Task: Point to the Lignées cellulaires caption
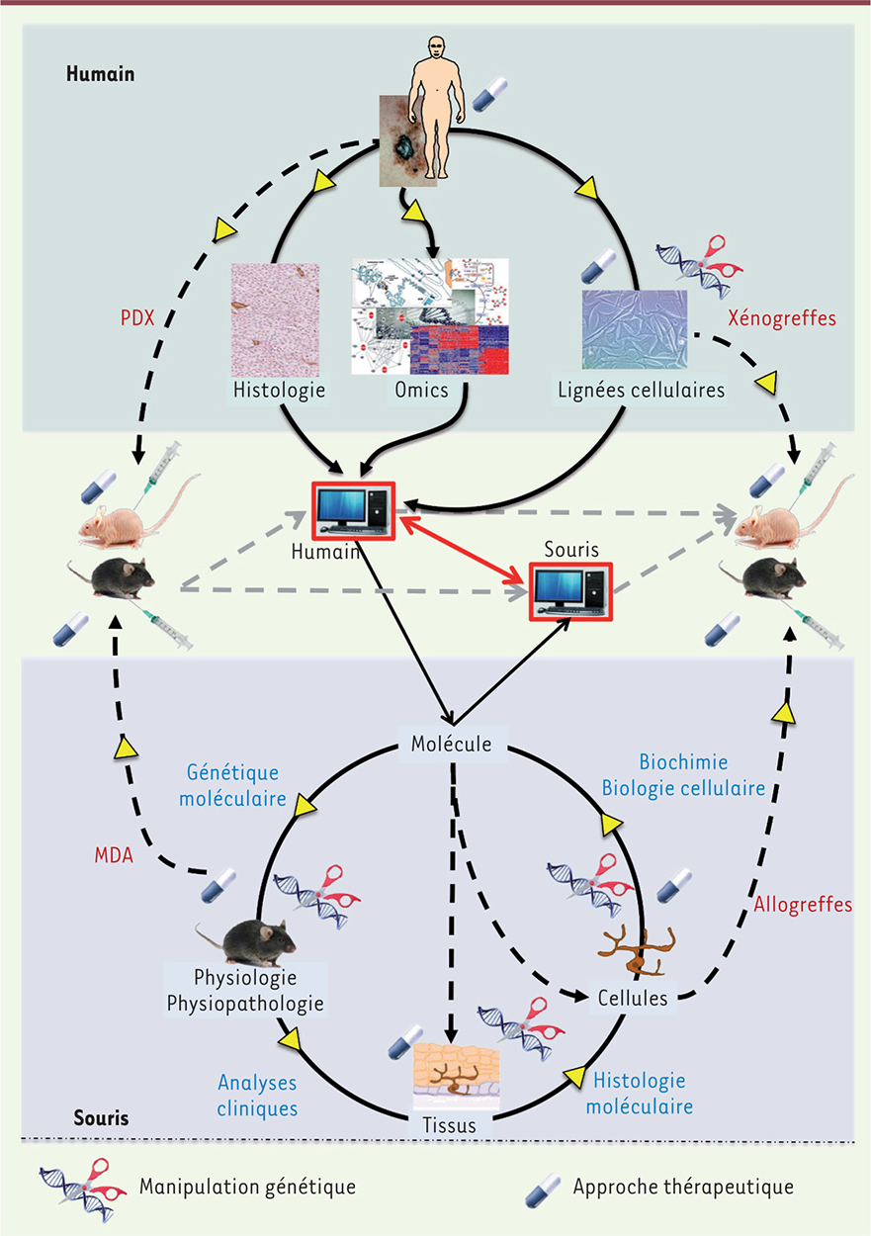click(x=640, y=391)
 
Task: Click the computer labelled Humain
click(x=354, y=512)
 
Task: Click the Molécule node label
click(x=450, y=745)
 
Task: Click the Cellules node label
click(x=633, y=999)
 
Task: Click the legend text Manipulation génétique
click(x=248, y=1185)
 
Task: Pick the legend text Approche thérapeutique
click(x=683, y=1185)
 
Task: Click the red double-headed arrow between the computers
click(x=462, y=544)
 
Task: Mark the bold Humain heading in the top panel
click(x=100, y=73)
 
